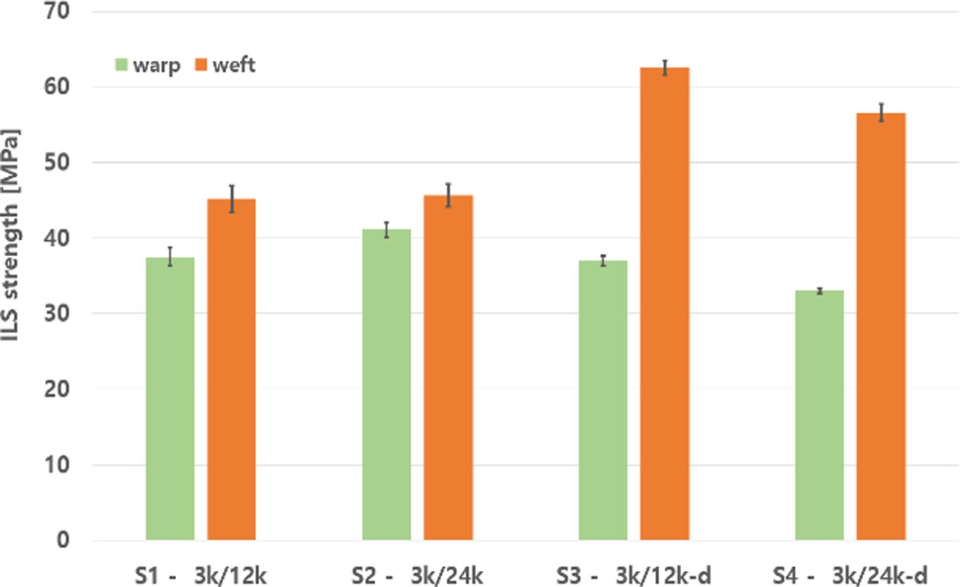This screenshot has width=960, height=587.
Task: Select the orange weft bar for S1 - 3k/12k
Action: pos(232,370)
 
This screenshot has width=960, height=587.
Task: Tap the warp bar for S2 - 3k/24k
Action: pos(386,385)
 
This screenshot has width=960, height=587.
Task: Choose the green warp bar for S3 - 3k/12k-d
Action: pos(603,400)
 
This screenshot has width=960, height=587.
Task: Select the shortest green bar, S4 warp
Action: pos(819,415)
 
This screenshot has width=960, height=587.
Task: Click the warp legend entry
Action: pos(149,65)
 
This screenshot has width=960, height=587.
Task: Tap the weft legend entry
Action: pos(226,65)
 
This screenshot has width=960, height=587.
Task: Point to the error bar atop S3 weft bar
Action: pos(664,68)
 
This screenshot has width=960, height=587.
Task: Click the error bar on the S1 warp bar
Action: pos(170,257)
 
